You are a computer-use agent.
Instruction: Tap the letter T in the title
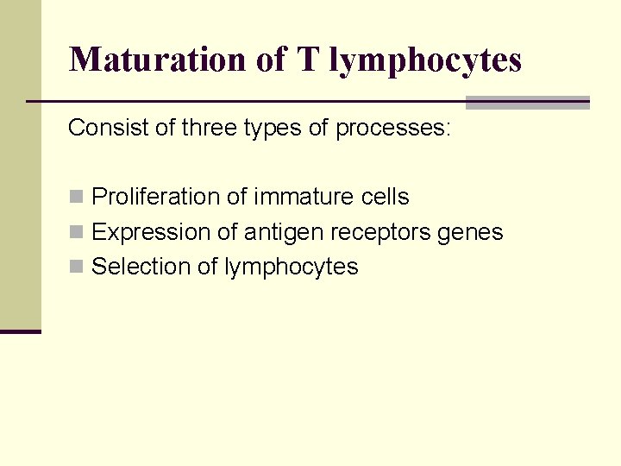(x=306, y=60)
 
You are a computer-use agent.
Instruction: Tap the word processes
(x=392, y=129)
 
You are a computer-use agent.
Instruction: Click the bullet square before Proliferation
(x=76, y=197)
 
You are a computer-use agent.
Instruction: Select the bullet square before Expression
(x=76, y=232)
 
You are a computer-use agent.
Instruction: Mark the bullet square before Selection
(x=76, y=267)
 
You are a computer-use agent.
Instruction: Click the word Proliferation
(x=156, y=197)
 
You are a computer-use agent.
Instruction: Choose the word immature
(x=292, y=197)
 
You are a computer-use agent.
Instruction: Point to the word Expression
(x=141, y=233)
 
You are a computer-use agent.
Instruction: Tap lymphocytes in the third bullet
(x=291, y=268)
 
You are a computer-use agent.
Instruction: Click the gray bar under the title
(x=527, y=103)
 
